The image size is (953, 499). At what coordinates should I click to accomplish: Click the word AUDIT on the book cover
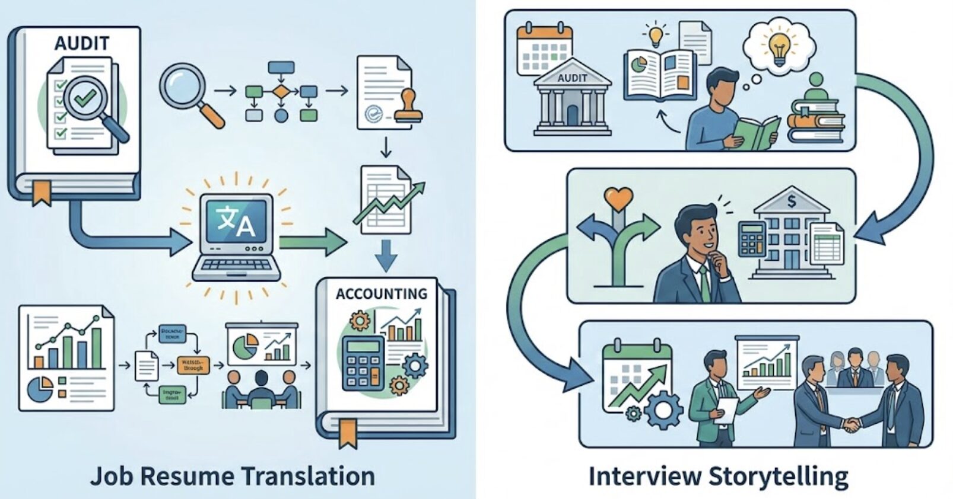pyautogui.click(x=82, y=43)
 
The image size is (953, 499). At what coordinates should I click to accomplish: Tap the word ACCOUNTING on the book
pyautogui.click(x=381, y=293)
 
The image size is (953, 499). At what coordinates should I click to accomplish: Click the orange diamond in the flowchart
pyautogui.click(x=280, y=92)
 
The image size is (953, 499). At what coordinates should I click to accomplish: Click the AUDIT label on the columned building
pyautogui.click(x=572, y=78)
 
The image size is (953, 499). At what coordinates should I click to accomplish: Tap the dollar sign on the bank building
pyautogui.click(x=791, y=201)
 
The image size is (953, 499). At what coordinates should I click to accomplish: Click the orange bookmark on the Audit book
pyautogui.click(x=41, y=193)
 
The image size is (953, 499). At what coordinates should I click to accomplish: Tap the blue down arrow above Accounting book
pyautogui.click(x=386, y=254)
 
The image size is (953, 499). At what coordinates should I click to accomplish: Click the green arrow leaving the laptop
pyautogui.click(x=312, y=242)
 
